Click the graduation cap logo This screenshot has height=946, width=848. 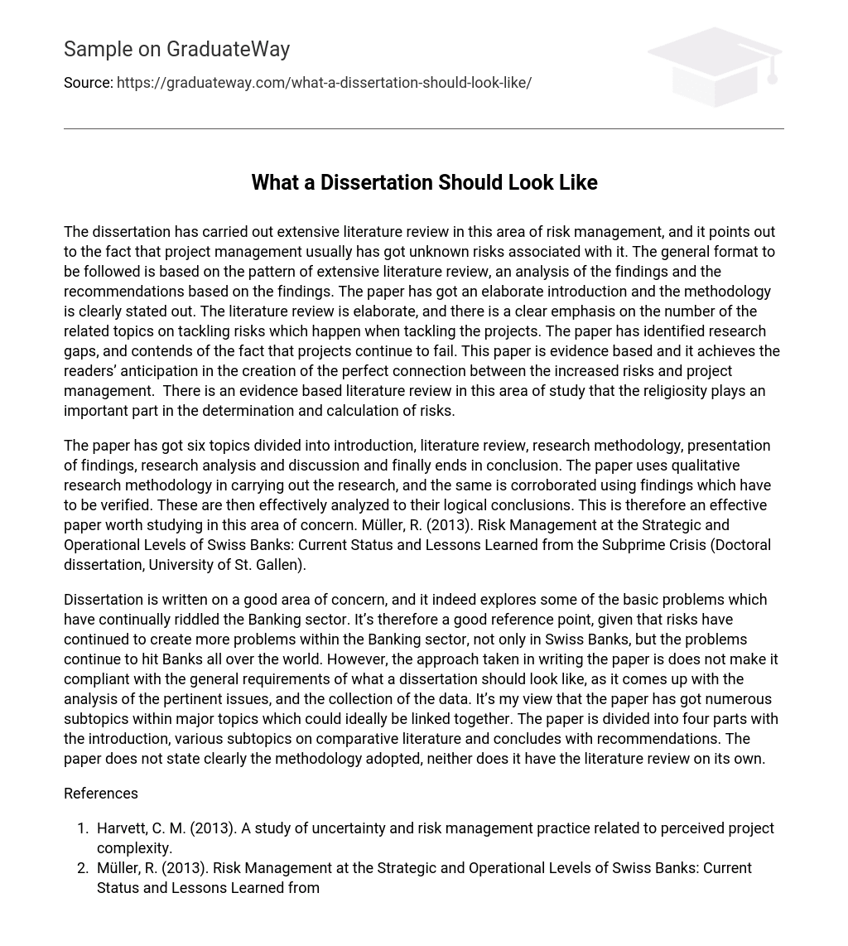pyautogui.click(x=714, y=66)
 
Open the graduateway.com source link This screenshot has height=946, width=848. pyautogui.click(x=324, y=83)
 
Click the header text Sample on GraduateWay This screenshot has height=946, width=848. pyautogui.click(x=176, y=49)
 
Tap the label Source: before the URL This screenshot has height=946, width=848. pyautogui.click(x=88, y=83)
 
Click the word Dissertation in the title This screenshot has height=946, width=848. pyautogui.click(x=376, y=182)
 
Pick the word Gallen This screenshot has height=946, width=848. pyautogui.click(x=279, y=564)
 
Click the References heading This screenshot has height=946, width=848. pyautogui.click(x=101, y=793)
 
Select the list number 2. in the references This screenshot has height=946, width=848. pyautogui.click(x=83, y=867)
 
